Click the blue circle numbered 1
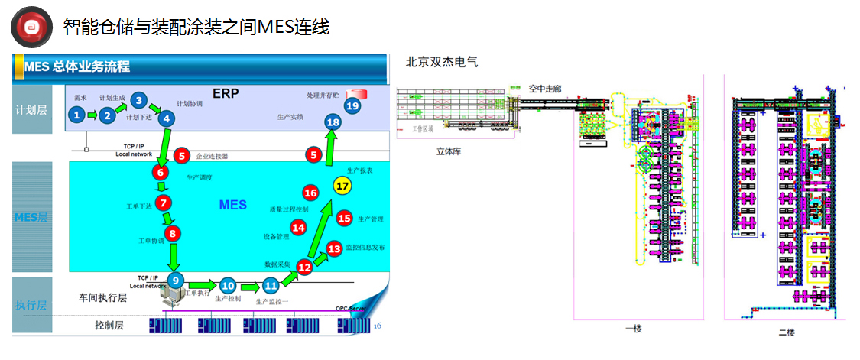click(76, 115)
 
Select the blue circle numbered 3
click(138, 99)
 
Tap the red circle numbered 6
click(161, 173)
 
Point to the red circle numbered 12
click(304, 267)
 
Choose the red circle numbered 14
click(299, 227)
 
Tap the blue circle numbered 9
click(176, 280)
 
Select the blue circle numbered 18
click(333, 122)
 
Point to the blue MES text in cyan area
click(233, 205)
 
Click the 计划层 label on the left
click(31, 109)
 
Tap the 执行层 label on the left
click(31, 305)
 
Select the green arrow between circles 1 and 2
click(92, 115)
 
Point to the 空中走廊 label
click(544, 89)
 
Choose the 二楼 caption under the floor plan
click(787, 332)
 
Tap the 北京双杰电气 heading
click(442, 62)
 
